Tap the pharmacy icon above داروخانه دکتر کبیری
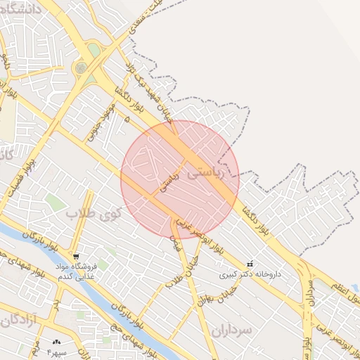pos(250,264)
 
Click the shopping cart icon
pos(76,256)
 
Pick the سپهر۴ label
pos(56,351)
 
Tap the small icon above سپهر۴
pos(56,342)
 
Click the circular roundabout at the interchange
pos(81,68)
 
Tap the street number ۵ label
pos(127,121)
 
